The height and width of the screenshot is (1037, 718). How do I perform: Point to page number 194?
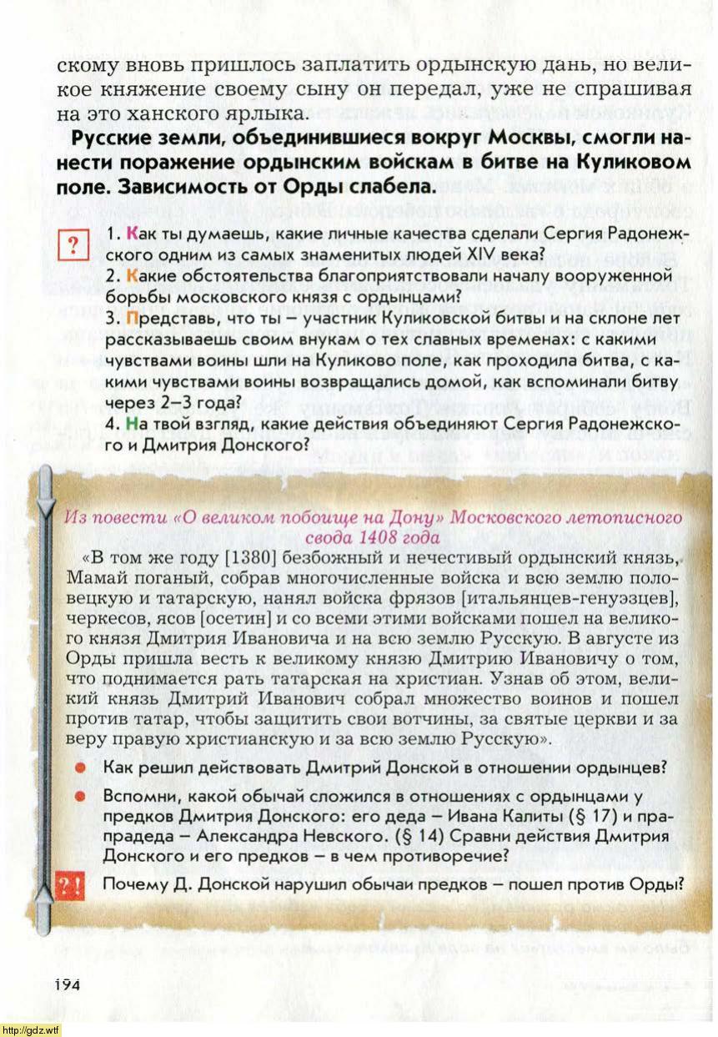point(68,984)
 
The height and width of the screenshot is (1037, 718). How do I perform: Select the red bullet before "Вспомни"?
point(81,796)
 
